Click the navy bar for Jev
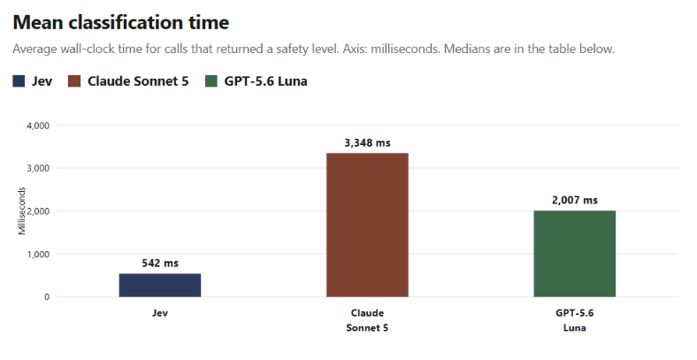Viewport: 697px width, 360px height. (x=160, y=285)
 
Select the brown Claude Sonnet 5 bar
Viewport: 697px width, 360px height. (x=367, y=225)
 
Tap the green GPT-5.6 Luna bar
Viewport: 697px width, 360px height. (x=575, y=254)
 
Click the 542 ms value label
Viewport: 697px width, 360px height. (x=160, y=263)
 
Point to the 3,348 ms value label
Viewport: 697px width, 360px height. (x=367, y=143)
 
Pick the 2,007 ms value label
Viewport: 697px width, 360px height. (x=575, y=201)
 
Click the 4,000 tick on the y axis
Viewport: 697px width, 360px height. (x=38, y=126)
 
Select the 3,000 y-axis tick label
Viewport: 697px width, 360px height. (x=38, y=168)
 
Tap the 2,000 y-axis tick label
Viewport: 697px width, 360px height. (x=38, y=211)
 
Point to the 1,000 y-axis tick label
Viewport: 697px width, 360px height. (x=38, y=254)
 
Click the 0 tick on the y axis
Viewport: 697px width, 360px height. (x=47, y=297)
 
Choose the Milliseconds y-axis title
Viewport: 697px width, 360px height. (x=22, y=211)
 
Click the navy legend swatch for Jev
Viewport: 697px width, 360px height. (x=19, y=81)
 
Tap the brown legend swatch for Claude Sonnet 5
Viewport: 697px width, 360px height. (x=74, y=81)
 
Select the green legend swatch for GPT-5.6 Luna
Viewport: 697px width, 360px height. (x=211, y=81)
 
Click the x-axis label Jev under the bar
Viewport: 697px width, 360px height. (x=160, y=313)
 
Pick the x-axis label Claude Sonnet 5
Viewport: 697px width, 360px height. (x=367, y=320)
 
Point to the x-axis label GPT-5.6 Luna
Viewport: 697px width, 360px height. (x=575, y=320)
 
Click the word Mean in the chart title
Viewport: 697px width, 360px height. (x=38, y=22)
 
